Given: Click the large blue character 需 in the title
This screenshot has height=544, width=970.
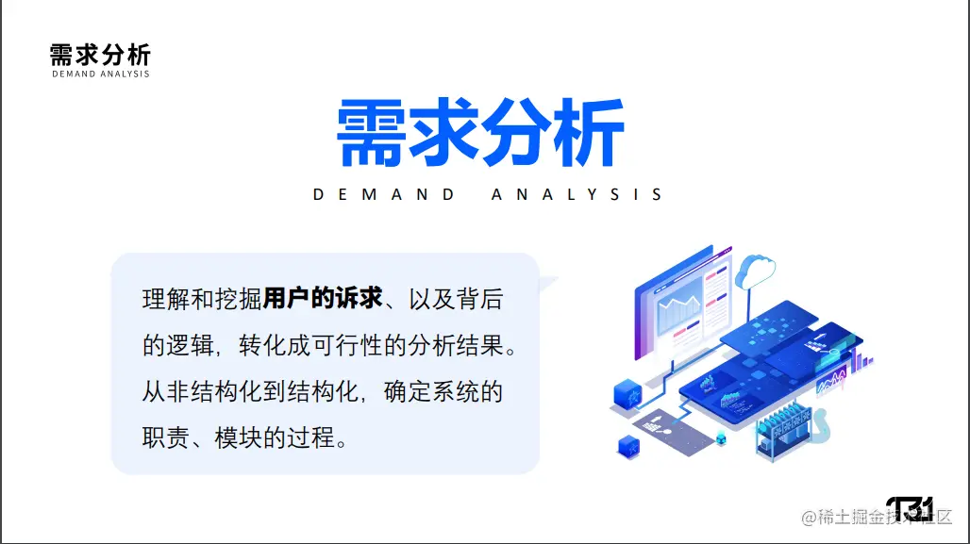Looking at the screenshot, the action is click(371, 132).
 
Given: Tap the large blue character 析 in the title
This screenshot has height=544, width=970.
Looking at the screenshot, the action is click(588, 132).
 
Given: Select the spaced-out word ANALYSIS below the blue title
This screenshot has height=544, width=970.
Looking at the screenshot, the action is click(577, 195).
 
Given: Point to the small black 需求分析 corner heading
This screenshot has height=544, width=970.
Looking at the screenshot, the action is click(100, 55).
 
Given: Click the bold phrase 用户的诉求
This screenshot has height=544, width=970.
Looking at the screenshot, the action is click(323, 299).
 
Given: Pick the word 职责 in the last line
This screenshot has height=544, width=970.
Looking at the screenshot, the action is click(166, 437).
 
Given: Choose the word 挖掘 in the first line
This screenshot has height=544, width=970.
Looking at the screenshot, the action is click(238, 299).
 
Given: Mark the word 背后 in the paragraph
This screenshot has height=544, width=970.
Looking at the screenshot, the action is click(480, 299).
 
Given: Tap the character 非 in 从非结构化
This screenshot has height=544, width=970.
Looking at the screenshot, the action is click(177, 391).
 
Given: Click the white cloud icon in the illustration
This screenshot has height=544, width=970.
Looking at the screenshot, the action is click(756, 271).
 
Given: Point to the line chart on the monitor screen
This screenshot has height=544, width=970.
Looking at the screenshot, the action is click(679, 309).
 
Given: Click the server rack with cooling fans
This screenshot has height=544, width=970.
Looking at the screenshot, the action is click(783, 430).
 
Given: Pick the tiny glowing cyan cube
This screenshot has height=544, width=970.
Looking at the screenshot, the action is click(721, 438).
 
